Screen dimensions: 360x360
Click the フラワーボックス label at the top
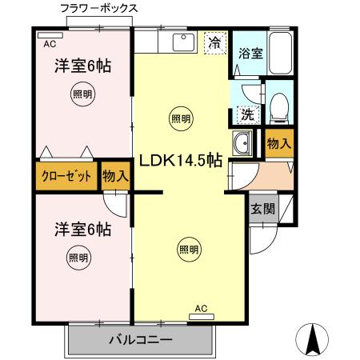coord(98,8)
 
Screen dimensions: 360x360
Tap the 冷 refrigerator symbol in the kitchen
coord(214,42)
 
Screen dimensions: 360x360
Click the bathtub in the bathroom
coord(280,54)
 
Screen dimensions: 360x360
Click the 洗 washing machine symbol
coord(248,113)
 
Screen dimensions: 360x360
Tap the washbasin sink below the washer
coord(242,145)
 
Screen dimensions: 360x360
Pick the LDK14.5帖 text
coord(181,160)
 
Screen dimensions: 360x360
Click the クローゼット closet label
coord(67,177)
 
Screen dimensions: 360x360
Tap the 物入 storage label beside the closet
coord(116,177)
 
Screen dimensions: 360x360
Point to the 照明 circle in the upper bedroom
coord(82,93)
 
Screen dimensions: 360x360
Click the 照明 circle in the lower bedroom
coord(78,258)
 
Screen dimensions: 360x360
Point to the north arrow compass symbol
coord(314,340)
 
